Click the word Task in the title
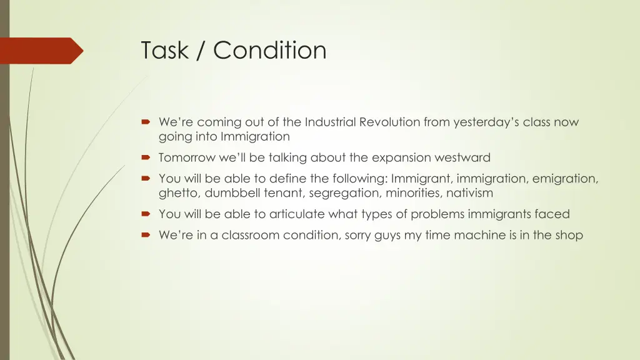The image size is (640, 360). click(164, 50)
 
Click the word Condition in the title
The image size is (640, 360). click(270, 50)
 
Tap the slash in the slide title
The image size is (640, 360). click(201, 50)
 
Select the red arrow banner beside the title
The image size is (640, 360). click(42, 51)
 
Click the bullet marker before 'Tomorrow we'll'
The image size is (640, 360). click(146, 157)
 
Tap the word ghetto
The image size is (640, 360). click(179, 193)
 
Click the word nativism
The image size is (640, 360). click(469, 192)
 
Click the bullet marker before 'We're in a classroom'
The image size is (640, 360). click(146, 235)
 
